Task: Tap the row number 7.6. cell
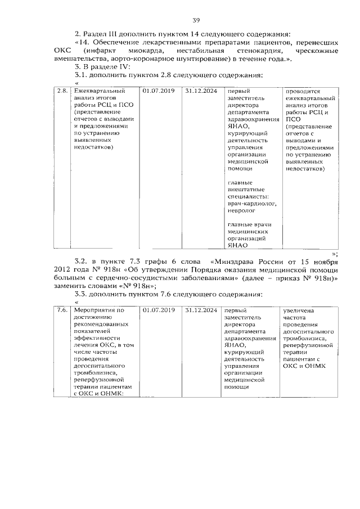pos(62,310)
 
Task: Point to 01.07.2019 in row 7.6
pos(159,310)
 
